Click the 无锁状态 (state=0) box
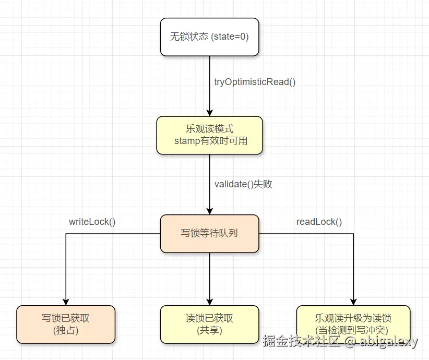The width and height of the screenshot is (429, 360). (x=209, y=37)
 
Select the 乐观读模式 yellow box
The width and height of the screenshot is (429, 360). (x=209, y=135)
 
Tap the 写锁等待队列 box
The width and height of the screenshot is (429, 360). (x=209, y=233)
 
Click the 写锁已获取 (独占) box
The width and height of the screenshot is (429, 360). (x=66, y=324)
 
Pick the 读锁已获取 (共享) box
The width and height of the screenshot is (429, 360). (x=209, y=324)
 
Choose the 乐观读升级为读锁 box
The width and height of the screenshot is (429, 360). (x=353, y=324)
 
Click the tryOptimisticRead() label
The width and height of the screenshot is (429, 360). (x=255, y=82)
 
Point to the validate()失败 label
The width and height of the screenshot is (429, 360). (x=243, y=184)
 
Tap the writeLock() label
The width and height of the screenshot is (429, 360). (x=92, y=222)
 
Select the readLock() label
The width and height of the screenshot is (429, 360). (x=319, y=222)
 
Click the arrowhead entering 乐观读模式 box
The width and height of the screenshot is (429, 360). (x=209, y=112)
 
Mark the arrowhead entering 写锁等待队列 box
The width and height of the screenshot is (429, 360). (x=209, y=210)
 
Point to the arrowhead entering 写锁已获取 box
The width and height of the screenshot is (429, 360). (x=66, y=301)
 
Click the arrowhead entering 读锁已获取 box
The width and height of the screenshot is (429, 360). (x=209, y=301)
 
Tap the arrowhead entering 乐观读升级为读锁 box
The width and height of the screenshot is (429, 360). (x=353, y=301)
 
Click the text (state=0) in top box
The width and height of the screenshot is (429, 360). (x=230, y=37)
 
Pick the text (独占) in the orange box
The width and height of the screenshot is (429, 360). (x=66, y=330)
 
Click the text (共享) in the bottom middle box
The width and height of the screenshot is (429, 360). (x=209, y=330)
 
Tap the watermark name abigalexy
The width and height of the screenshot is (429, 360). (x=389, y=342)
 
